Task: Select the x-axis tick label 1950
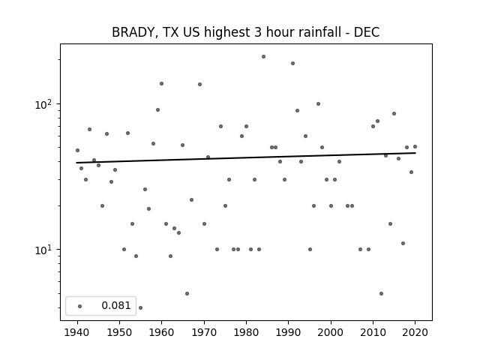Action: tap(120, 332)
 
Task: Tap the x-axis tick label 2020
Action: tap(415, 332)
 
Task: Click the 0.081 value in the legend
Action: tap(116, 305)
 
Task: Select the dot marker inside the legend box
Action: tap(80, 306)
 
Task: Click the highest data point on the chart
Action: tap(263, 57)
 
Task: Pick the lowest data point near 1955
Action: tap(140, 307)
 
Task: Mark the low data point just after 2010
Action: tap(381, 293)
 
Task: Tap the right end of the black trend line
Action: tap(415, 153)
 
